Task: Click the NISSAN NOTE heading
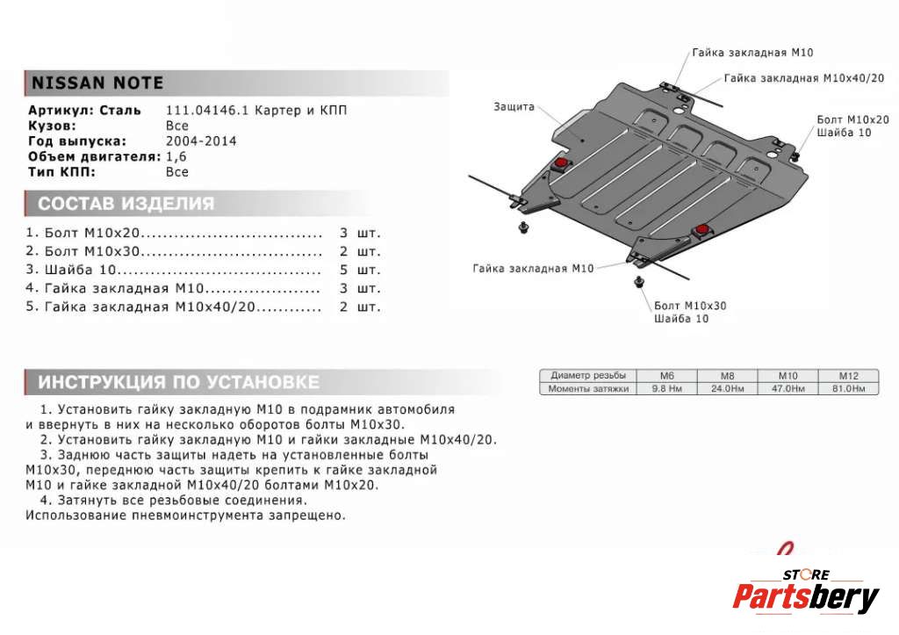pyautogui.click(x=97, y=83)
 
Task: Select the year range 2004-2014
pyautogui.click(x=201, y=141)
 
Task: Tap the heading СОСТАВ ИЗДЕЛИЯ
pyautogui.click(x=126, y=205)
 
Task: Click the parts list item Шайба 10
pyautogui.click(x=79, y=270)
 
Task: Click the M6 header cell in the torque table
pyautogui.click(x=666, y=375)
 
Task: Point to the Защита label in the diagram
pyautogui.click(x=514, y=106)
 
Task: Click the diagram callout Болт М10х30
pyautogui.click(x=690, y=306)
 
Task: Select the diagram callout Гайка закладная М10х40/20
pyautogui.click(x=803, y=78)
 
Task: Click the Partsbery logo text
pyautogui.click(x=805, y=599)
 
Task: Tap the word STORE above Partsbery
pyautogui.click(x=806, y=574)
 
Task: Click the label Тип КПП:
pyautogui.click(x=61, y=172)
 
